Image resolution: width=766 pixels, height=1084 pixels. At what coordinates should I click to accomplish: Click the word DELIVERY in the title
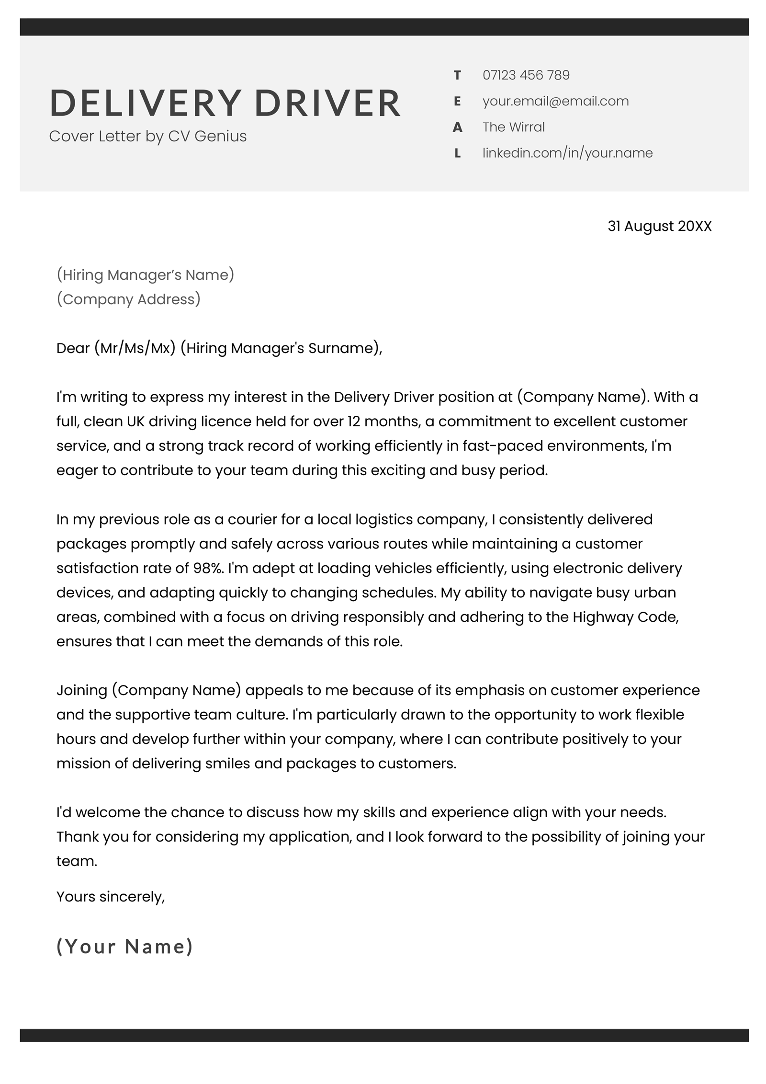[x=145, y=103]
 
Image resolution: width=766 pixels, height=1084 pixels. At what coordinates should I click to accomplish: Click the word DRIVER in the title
[x=327, y=103]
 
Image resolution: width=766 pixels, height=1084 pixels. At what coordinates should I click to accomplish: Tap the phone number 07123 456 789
[x=526, y=75]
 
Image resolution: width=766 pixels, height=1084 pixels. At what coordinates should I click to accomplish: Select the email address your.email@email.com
[x=555, y=101]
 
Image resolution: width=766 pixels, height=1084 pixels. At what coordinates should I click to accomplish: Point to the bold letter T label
[x=457, y=75]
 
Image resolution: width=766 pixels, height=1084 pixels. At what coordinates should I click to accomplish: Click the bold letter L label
[x=457, y=153]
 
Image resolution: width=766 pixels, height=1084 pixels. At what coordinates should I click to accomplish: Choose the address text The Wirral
[x=513, y=127]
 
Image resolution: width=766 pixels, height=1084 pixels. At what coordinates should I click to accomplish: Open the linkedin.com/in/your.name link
[x=567, y=153]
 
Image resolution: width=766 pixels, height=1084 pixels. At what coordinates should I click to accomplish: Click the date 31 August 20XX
[x=659, y=226]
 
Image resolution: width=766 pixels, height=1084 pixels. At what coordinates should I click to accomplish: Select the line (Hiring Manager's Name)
[x=145, y=274]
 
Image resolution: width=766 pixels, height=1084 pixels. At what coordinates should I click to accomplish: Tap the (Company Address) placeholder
[x=128, y=299]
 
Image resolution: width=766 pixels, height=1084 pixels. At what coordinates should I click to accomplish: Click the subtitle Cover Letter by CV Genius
[x=147, y=136]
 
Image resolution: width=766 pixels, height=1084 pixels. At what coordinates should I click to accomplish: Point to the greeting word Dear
[x=73, y=348]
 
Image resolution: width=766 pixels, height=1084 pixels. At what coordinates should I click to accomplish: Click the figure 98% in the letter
[x=208, y=568]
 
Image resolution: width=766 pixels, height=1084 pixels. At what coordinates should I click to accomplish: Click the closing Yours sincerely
[x=110, y=896]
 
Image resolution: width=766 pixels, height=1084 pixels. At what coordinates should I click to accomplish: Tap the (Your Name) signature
[x=124, y=947]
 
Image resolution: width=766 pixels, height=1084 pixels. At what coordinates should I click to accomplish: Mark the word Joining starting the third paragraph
[x=81, y=690]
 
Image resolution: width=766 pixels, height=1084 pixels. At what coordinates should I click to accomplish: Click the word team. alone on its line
[x=77, y=861]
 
